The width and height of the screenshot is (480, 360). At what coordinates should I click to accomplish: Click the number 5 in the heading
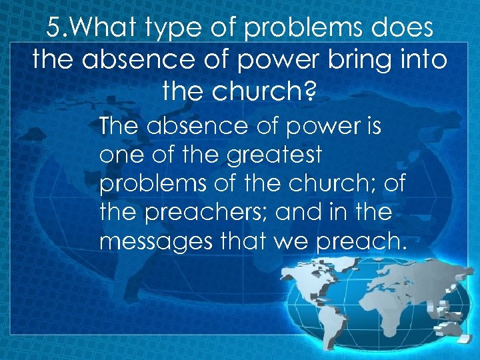coord(55,30)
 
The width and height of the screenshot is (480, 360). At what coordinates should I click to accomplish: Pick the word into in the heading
coord(425,60)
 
